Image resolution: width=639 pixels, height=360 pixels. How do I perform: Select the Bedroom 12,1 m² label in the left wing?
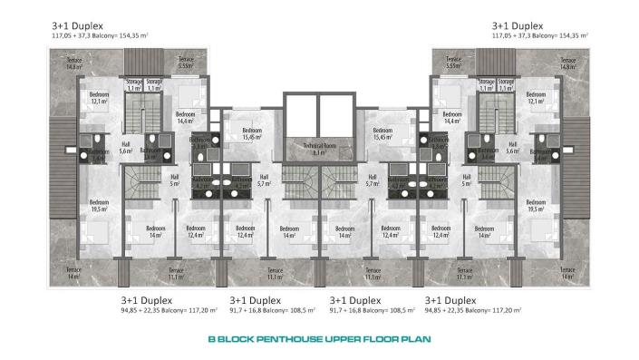[x=99, y=97]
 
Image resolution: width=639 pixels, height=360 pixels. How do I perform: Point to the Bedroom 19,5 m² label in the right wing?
[x=537, y=205]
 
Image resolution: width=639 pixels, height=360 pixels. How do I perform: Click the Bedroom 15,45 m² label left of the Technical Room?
[x=254, y=134]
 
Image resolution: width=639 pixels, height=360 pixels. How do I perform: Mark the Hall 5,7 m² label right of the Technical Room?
[x=372, y=180]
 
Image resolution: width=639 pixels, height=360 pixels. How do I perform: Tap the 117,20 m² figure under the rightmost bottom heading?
[x=505, y=309]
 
